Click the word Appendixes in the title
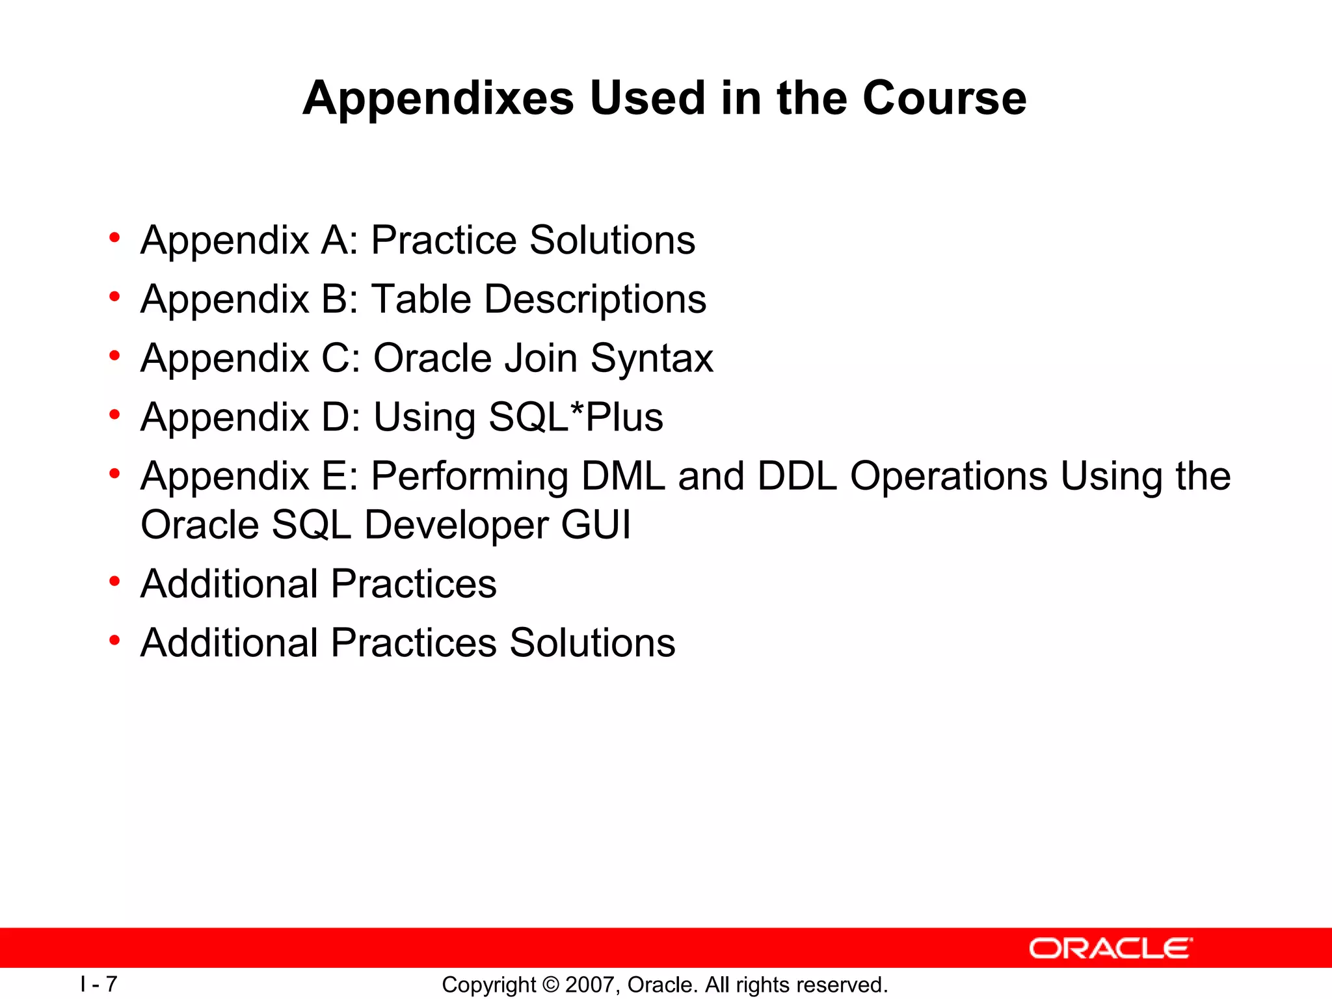pos(438,99)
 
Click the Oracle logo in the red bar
pos(1110,948)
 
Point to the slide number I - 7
pos(99,984)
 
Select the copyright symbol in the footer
pos(550,985)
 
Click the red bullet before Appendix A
pos(114,238)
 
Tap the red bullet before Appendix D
pos(114,415)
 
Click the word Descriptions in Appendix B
pos(595,299)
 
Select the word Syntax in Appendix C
pos(652,358)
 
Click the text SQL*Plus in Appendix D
pos(576,417)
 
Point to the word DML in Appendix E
pos(623,476)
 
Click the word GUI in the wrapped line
pos(595,525)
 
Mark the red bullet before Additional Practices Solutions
pos(114,641)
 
